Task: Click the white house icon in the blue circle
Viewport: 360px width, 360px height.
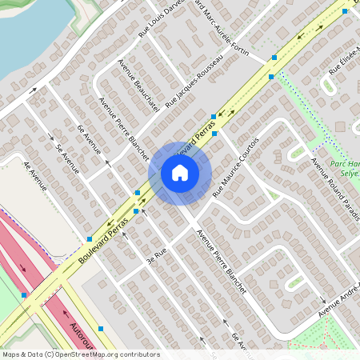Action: (180, 173)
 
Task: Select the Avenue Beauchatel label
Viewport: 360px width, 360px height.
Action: (132, 75)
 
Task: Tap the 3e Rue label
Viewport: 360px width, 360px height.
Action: (155, 255)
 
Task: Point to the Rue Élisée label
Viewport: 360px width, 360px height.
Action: (346, 61)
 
